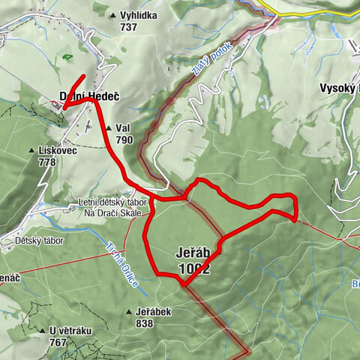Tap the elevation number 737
click(129, 27)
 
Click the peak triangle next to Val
click(109, 128)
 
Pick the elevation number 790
click(124, 139)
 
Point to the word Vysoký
click(340, 88)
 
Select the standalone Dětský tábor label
click(39, 241)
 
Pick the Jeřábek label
click(155, 311)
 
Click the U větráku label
click(73, 331)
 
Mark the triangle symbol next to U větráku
click(43, 331)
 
